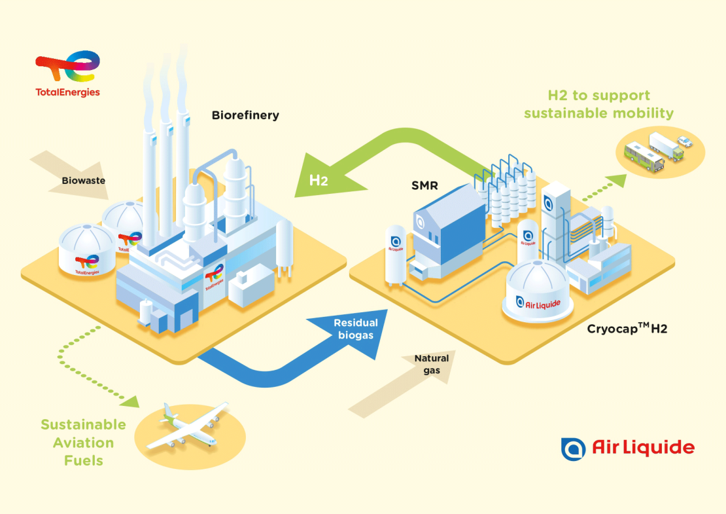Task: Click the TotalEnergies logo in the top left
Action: [67, 74]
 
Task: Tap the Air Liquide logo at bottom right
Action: [627, 448]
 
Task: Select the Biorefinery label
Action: [245, 115]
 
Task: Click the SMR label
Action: [425, 187]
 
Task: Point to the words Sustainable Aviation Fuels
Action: [83, 442]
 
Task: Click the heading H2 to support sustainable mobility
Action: [598, 105]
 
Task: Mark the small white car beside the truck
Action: [683, 140]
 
